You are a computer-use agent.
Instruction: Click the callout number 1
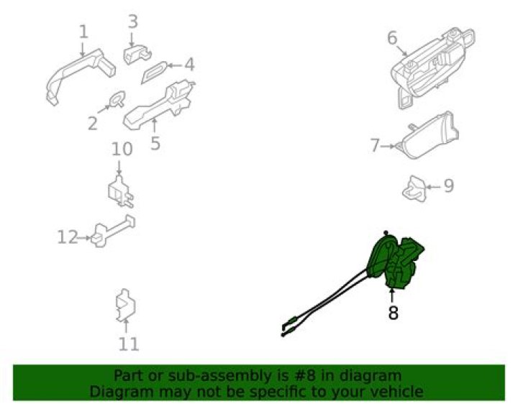click(83, 32)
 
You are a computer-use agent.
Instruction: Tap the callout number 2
click(92, 124)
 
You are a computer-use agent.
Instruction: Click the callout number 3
click(132, 21)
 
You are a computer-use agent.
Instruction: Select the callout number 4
click(189, 65)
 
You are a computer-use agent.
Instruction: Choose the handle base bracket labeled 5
click(158, 106)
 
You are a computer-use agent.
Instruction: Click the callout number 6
click(392, 37)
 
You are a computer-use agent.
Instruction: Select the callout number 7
click(374, 146)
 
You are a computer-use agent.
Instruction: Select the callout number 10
click(122, 149)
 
